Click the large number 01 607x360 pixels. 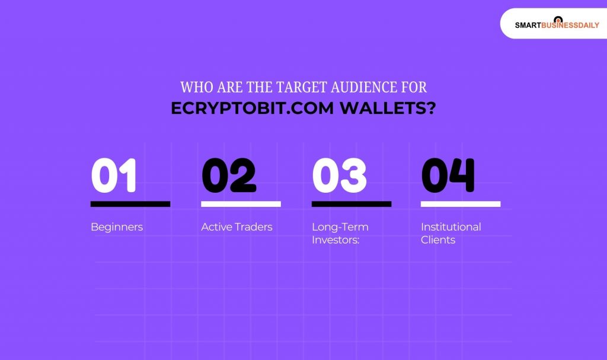click(114, 176)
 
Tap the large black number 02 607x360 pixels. click(229, 176)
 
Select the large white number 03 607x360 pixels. click(340, 176)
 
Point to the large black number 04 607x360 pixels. click(448, 176)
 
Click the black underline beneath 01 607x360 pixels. click(130, 204)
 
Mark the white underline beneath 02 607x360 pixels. click(241, 204)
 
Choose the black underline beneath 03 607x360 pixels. click(352, 204)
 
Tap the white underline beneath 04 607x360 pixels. click(461, 204)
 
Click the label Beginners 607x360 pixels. click(117, 227)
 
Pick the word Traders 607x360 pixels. click(254, 227)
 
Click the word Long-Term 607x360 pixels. click(340, 227)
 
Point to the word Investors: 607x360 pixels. click(336, 240)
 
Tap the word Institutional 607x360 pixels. click(451, 227)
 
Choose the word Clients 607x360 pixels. click(438, 240)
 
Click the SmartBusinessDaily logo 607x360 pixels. click(557, 24)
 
